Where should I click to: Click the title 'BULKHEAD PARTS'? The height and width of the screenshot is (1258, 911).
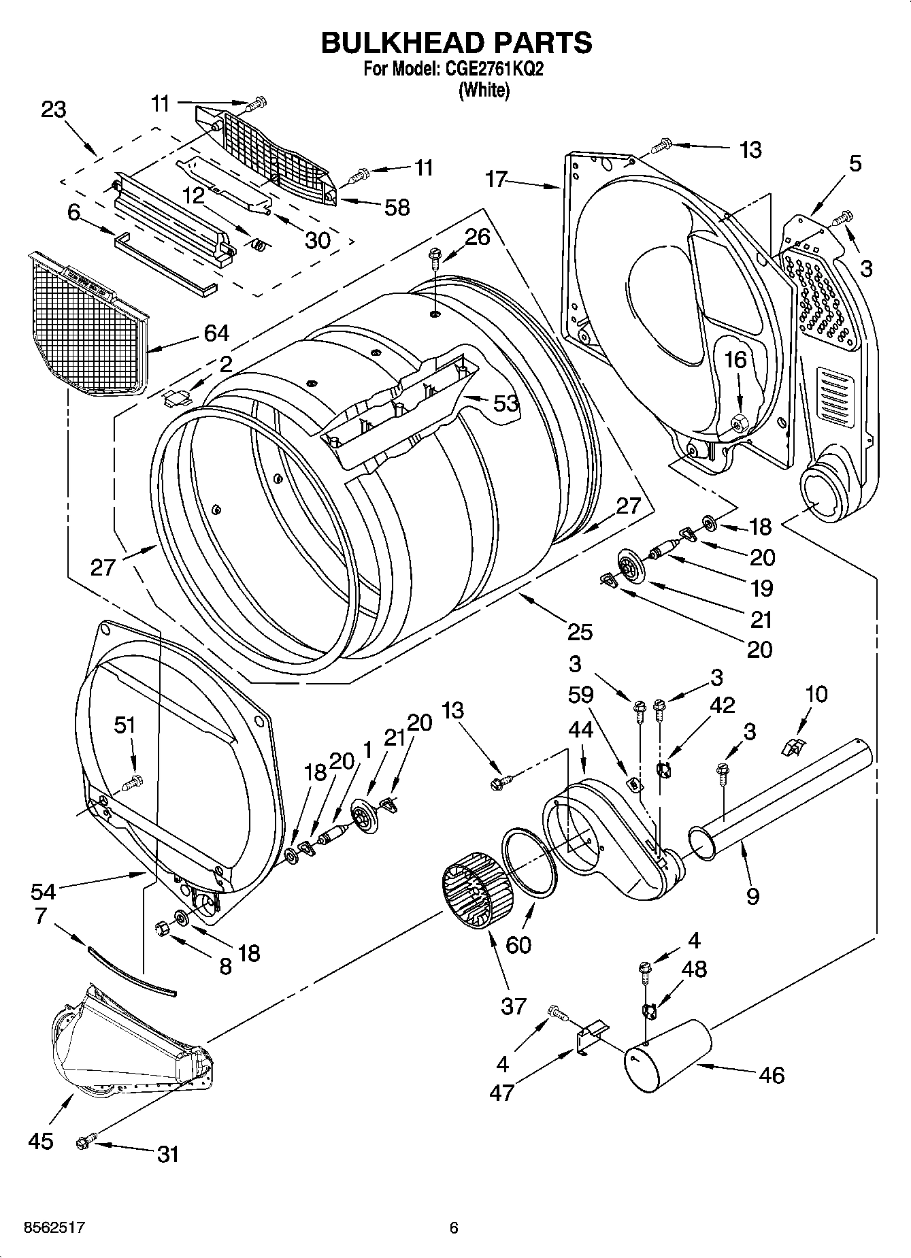click(456, 42)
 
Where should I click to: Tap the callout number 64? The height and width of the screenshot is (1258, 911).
click(216, 333)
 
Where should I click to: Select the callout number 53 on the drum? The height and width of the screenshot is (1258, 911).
click(506, 403)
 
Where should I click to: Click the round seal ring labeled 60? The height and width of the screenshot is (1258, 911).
click(529, 863)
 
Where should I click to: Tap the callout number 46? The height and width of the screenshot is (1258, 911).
click(772, 1075)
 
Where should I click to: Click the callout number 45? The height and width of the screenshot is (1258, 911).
click(41, 1140)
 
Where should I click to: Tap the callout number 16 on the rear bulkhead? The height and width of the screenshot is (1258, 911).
click(735, 360)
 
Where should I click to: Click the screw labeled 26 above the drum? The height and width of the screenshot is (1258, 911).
click(433, 256)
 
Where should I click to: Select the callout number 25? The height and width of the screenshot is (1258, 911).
click(580, 632)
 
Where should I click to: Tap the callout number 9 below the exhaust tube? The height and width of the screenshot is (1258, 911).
click(752, 896)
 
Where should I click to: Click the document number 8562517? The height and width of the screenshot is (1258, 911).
click(54, 1228)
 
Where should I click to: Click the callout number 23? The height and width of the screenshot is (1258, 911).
click(54, 109)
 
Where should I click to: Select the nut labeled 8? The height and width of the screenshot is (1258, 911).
click(163, 927)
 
